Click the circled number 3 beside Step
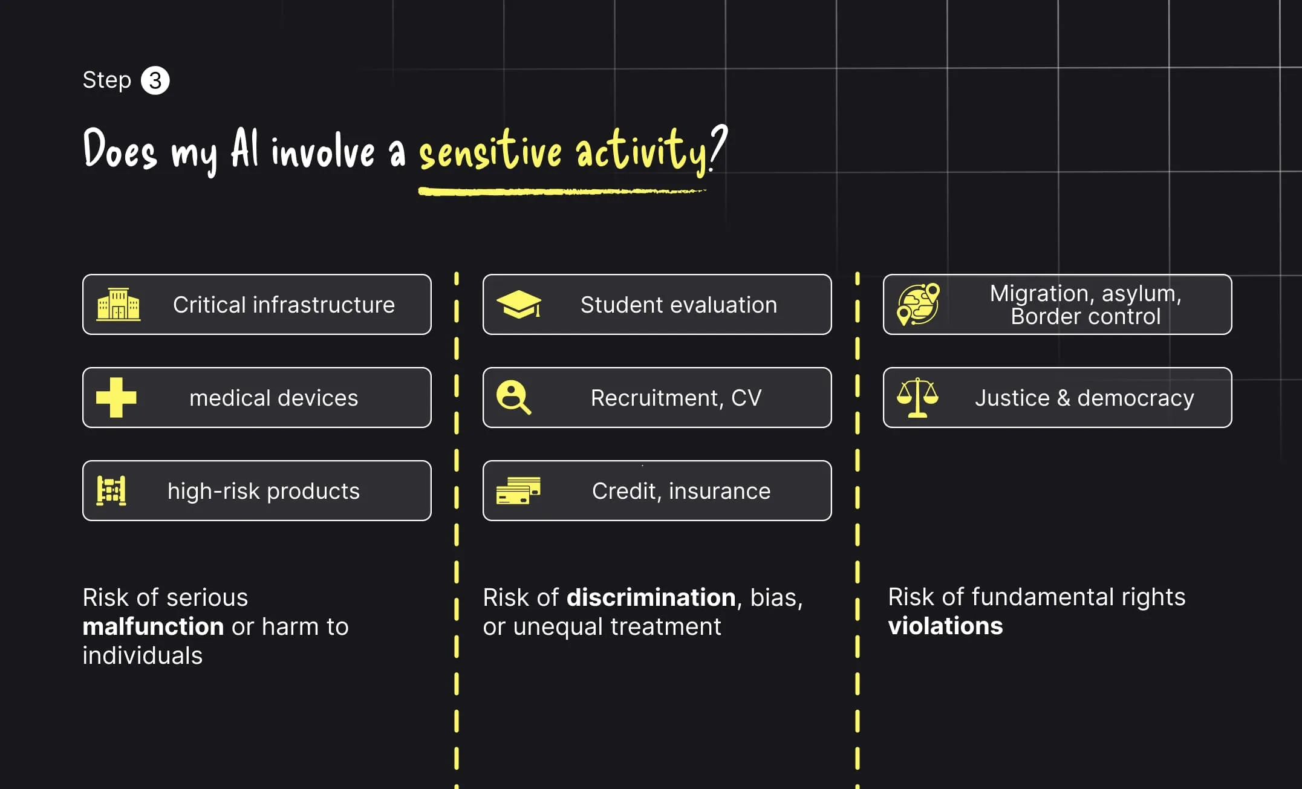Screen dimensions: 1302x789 click(155, 80)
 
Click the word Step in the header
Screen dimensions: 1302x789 click(106, 80)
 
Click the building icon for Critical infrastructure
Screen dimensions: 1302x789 click(119, 304)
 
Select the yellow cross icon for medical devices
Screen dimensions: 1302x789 click(116, 397)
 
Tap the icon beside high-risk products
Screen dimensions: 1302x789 click(112, 490)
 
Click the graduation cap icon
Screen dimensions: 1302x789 click(519, 304)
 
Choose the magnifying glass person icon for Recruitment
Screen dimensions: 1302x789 click(513, 397)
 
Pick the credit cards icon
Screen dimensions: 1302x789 click(518, 490)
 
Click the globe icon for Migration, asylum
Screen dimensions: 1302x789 click(918, 304)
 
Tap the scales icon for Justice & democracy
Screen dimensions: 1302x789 click(917, 397)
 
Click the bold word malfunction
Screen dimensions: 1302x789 click(153, 626)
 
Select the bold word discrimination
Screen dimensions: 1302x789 click(651, 597)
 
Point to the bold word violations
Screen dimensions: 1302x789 click(945, 626)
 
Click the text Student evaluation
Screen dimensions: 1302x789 click(679, 305)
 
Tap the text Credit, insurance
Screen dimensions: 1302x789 click(681, 491)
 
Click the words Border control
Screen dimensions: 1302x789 click(1086, 316)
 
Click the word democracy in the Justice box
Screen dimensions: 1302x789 click(1135, 398)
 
